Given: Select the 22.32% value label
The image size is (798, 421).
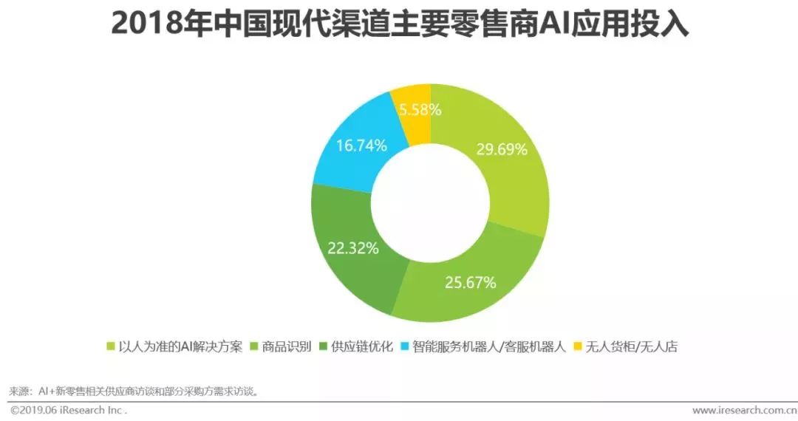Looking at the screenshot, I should coord(353,247).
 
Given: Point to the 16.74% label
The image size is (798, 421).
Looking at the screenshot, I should coord(361,146).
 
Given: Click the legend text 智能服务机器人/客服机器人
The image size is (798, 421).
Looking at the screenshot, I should coord(488,346).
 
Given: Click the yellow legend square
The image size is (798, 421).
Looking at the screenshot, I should coord(579,346).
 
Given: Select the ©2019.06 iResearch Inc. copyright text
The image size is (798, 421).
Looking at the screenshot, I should coord(69,410).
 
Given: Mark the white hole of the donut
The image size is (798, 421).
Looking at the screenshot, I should coord(430,203).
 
